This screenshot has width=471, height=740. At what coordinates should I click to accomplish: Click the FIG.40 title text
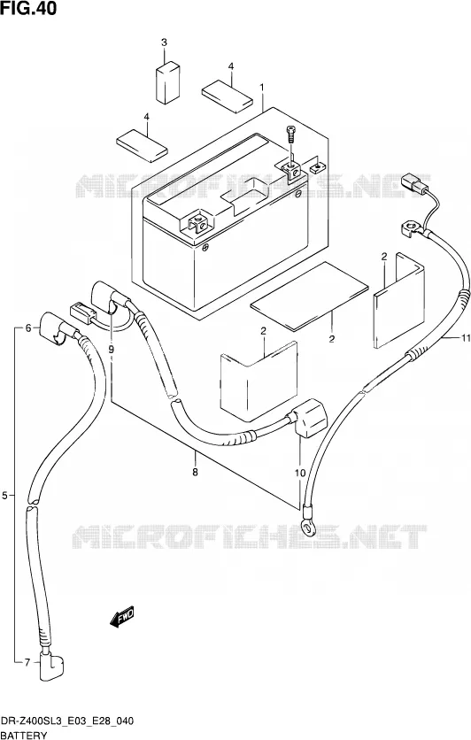[29, 8]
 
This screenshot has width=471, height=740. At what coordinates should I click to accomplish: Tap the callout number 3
[165, 42]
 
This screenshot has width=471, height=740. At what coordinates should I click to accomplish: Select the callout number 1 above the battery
[262, 88]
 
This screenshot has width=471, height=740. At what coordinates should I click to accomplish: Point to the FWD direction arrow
[122, 616]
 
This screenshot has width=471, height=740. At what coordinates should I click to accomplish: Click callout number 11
[466, 337]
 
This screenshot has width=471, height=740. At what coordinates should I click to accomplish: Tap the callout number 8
[196, 472]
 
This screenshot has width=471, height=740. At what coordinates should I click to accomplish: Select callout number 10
[300, 473]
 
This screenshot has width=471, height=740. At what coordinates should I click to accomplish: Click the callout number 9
[112, 350]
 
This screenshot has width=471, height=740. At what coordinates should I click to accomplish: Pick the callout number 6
[27, 328]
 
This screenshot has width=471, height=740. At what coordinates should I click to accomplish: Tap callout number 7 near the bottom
[27, 663]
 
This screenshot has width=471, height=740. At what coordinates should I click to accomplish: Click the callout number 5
[4, 495]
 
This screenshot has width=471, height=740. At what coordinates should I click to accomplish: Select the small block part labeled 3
[167, 81]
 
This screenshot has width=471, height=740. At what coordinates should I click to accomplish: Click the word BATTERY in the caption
[24, 735]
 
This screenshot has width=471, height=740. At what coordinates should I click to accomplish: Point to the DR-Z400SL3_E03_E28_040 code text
[67, 721]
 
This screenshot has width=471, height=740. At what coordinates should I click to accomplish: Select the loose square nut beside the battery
[317, 166]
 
